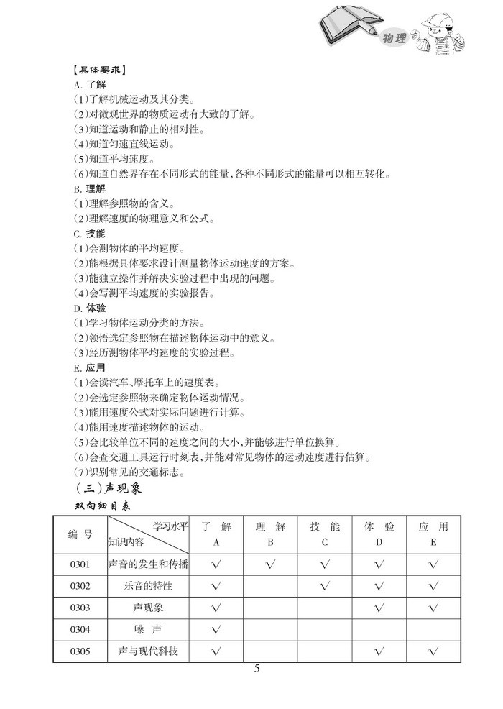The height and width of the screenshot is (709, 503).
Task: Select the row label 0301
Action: point(80,564)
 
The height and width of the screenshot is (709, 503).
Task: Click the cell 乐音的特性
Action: point(149,586)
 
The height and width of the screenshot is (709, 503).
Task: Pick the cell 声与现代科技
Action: point(149,652)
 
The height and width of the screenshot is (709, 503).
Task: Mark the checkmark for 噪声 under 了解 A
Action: point(216,631)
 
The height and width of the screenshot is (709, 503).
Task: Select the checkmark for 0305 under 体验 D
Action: point(379,653)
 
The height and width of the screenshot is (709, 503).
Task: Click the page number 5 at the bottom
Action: point(257,669)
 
